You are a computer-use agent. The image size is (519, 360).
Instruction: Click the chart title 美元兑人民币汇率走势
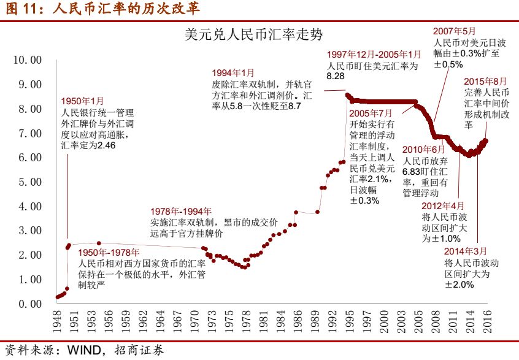253,34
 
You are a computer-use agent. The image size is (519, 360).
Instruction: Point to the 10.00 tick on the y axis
26,60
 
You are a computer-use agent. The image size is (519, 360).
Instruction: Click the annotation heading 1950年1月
83,101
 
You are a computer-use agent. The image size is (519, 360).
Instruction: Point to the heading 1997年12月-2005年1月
374,55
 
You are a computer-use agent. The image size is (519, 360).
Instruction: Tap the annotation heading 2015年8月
486,81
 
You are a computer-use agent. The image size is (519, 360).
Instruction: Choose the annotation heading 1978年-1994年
181,212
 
